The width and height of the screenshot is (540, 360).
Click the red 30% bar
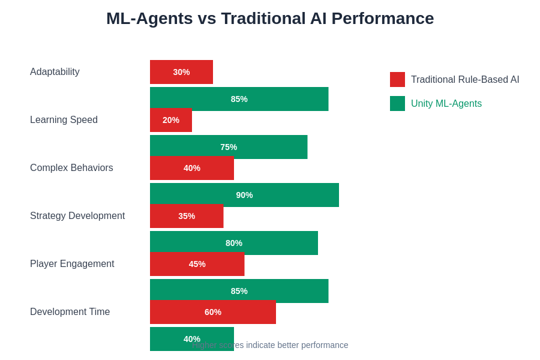click(x=181, y=72)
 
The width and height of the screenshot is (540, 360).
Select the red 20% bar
click(x=171, y=120)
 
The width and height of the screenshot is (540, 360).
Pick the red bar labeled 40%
click(x=192, y=168)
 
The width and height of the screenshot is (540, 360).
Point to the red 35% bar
click(x=187, y=216)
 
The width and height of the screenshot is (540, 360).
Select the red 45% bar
click(x=197, y=264)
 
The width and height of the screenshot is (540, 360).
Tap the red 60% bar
click(x=213, y=312)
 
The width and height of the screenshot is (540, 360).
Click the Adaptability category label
click(x=55, y=72)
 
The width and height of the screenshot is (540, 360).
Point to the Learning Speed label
click(x=64, y=120)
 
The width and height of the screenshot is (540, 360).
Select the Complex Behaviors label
click(x=71, y=168)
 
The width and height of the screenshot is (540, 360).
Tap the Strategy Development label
click(x=77, y=216)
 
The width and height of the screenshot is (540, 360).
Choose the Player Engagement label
click(x=72, y=264)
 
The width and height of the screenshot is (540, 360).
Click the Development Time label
click(x=70, y=312)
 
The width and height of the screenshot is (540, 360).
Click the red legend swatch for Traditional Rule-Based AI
click(x=397, y=80)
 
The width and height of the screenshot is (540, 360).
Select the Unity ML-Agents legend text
click(x=446, y=104)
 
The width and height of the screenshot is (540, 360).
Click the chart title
click(x=270, y=19)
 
